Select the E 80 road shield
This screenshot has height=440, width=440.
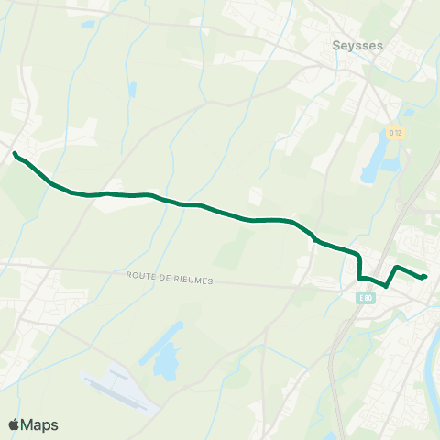[366, 298]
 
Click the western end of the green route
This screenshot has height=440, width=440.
[16, 153]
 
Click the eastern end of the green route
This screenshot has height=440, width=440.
[425, 276]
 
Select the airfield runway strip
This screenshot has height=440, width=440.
[115, 390]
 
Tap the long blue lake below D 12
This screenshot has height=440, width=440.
[377, 161]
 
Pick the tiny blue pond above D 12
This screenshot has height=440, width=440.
[408, 114]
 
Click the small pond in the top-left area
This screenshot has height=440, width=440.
[88, 25]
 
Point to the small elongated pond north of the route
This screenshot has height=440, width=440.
[133, 90]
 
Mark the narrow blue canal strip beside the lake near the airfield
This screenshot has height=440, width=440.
[141, 353]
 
